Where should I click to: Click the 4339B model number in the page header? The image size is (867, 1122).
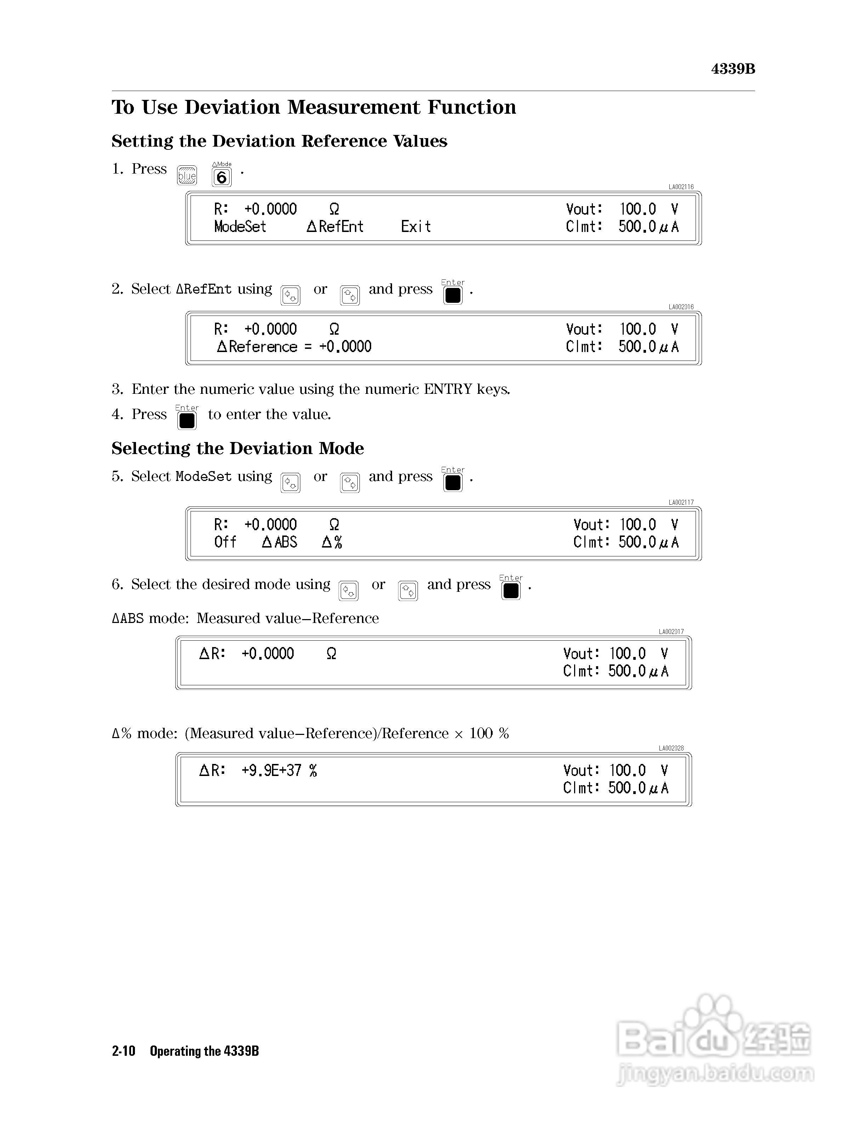[732, 69]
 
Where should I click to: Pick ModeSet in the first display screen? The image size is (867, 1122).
[240, 227]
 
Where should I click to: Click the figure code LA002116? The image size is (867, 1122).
[681, 187]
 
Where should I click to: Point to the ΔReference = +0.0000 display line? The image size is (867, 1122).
[294, 347]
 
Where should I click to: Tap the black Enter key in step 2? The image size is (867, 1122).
[453, 295]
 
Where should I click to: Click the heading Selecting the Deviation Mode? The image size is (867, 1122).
[237, 448]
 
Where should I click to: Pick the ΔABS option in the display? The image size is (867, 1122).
[279, 542]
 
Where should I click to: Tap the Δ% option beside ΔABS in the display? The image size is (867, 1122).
[332, 542]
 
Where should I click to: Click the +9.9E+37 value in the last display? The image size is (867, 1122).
[271, 771]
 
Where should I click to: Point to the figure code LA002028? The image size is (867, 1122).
[671, 748]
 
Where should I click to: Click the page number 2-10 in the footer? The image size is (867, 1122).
[123, 1051]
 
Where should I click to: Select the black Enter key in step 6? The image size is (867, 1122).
[511, 591]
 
